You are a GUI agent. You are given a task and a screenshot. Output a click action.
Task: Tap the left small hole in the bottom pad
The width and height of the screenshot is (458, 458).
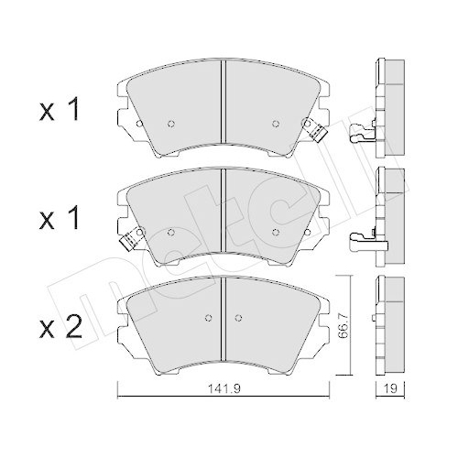click(207, 319)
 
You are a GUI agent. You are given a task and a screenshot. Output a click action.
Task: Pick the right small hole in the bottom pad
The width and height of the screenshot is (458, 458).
click(241, 319)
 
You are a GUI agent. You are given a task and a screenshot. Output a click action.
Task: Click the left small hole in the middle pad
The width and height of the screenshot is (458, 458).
click(172, 232)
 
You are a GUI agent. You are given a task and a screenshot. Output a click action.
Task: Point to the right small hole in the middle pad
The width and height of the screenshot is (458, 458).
click(276, 232)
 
